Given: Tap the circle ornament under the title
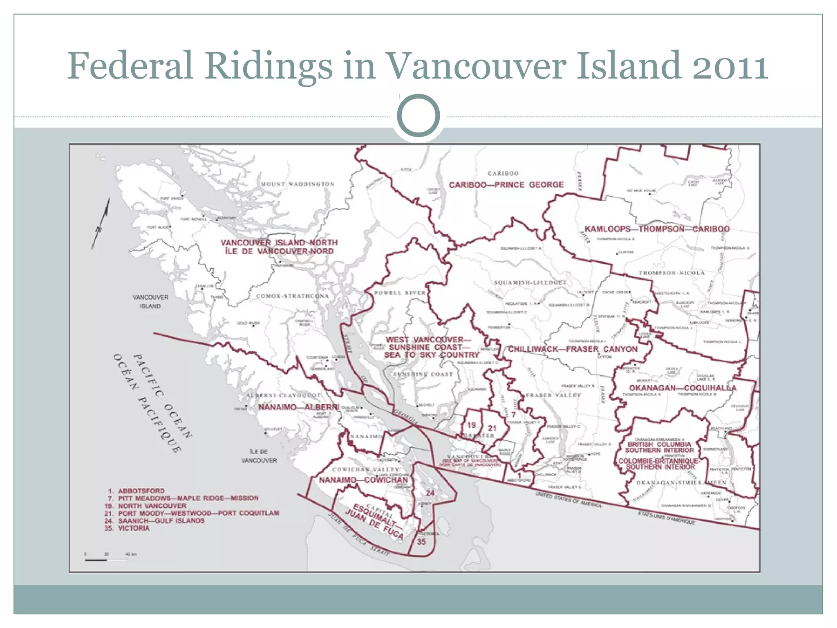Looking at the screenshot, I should click(418, 116).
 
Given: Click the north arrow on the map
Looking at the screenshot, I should click(101, 223).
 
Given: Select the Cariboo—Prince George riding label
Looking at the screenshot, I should click(506, 185).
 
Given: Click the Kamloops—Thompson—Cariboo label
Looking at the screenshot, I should click(657, 229).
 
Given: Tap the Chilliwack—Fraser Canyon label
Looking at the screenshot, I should click(572, 349).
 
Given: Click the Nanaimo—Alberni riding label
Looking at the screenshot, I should click(299, 407).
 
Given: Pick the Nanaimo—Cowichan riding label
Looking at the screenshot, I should click(363, 480).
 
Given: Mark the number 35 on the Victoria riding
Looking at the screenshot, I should click(421, 541).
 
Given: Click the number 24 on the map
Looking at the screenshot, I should click(430, 493).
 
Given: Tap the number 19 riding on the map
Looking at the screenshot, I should click(471, 425).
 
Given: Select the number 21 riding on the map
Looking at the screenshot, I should click(492, 428).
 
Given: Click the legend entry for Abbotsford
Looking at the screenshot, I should click(141, 491).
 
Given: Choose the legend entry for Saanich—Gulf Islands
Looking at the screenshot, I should click(161, 520).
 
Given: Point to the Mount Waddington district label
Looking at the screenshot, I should click(298, 184).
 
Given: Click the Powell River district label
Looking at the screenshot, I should click(400, 293).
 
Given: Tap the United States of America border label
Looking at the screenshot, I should click(568, 500).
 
